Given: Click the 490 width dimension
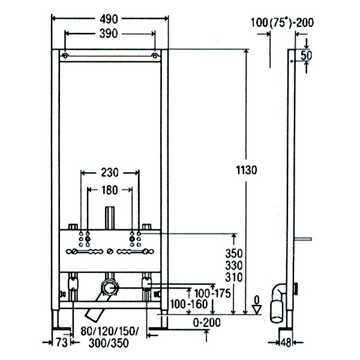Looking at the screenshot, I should (x=110, y=19).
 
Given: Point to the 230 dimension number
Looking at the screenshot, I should (x=110, y=173).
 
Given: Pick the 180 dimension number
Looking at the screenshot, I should (x=110, y=190).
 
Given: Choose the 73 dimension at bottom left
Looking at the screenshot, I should (x=61, y=343).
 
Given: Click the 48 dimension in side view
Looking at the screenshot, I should (x=287, y=343).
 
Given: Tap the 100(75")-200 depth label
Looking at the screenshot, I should (x=283, y=23).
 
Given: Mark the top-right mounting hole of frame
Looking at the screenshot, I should (x=155, y=56).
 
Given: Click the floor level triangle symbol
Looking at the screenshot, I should (x=256, y=309).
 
